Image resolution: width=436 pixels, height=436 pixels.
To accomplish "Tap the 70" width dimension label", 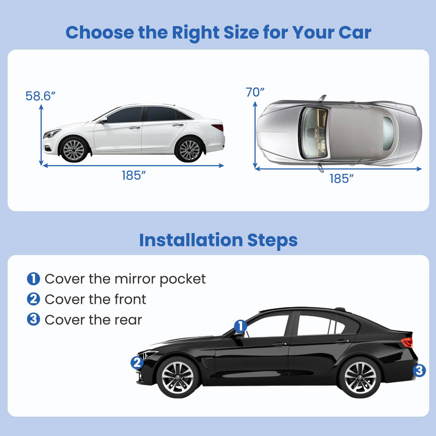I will point(255,92).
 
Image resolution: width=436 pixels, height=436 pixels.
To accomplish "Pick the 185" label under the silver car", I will point(342,179).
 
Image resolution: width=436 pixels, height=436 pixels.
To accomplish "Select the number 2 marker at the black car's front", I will point(137,363).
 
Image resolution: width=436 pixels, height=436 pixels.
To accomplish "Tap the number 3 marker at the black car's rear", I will point(419,371).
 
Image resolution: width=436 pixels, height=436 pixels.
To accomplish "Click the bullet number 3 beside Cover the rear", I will point(34,319).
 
